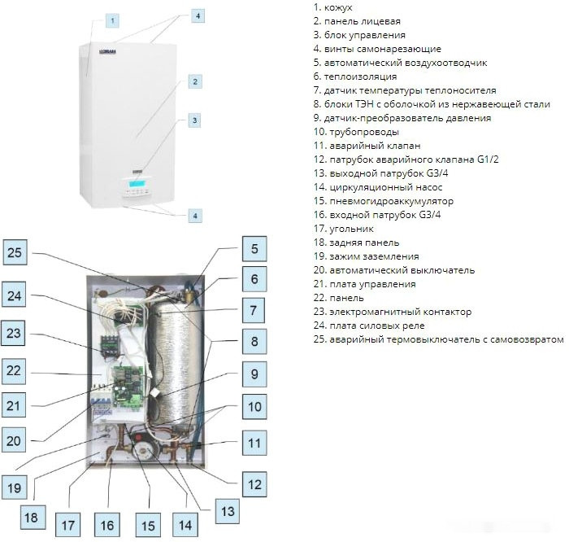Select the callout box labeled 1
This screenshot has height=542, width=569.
[x=113, y=19]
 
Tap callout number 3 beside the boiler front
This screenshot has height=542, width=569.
[x=194, y=120]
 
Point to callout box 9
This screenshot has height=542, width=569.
[x=254, y=375]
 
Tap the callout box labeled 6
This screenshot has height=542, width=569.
[x=254, y=279]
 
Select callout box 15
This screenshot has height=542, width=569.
[x=146, y=525]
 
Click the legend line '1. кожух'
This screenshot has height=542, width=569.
[x=331, y=7]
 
